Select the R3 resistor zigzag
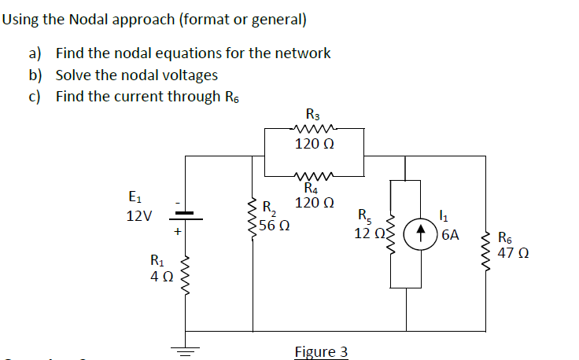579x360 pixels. [x=315, y=129]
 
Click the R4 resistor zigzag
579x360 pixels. [x=315, y=175]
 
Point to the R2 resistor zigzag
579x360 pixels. [x=252, y=220]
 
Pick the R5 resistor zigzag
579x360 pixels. [x=392, y=233]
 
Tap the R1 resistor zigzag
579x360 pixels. [x=186, y=270]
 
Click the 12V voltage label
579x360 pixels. [x=140, y=215]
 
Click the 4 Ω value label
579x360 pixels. [x=162, y=277]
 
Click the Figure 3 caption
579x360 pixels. [x=321, y=351]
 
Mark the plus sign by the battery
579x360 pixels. [x=179, y=232]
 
